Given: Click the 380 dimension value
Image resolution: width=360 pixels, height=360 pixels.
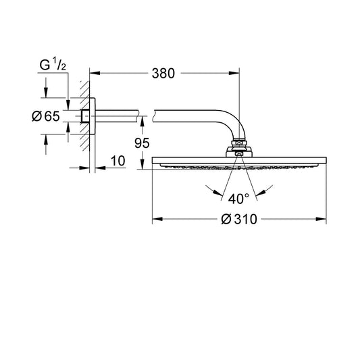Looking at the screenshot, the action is pyautogui.click(x=163, y=74).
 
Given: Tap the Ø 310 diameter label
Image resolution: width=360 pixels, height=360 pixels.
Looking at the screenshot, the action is pyautogui.click(x=239, y=219).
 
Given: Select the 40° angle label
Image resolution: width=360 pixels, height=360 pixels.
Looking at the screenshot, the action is pyautogui.click(x=238, y=199).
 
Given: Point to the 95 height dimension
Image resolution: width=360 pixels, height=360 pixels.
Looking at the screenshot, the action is pyautogui.click(x=142, y=143).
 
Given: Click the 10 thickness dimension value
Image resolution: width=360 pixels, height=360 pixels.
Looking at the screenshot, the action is pyautogui.click(x=118, y=161).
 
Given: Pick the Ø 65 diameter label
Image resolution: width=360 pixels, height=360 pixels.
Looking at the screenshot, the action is pyautogui.click(x=46, y=116).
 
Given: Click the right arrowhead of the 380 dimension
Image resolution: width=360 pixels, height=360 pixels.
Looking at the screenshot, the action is pyautogui.click(x=234, y=73).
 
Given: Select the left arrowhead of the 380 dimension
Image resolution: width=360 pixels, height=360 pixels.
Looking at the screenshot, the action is pyautogui.click(x=95, y=73).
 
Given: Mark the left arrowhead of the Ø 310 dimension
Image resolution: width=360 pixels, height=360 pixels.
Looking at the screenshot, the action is pyautogui.click(x=157, y=219).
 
